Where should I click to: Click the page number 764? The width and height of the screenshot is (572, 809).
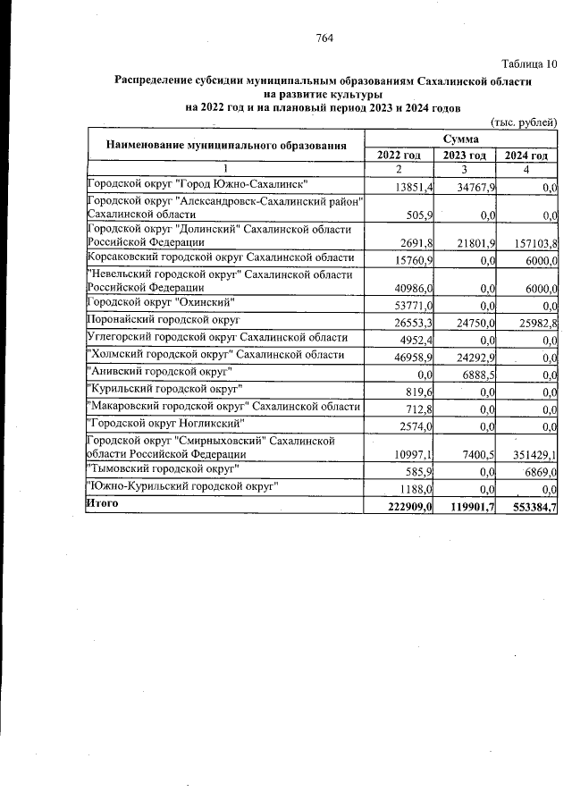click(x=324, y=38)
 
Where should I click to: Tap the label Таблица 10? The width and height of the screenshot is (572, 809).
click(x=530, y=63)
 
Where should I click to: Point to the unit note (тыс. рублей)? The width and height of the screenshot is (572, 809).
click(x=525, y=122)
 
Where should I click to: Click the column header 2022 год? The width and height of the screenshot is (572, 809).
click(x=399, y=156)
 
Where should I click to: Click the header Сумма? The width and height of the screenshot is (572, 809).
click(x=462, y=139)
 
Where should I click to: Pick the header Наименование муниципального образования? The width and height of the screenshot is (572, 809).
click(x=226, y=146)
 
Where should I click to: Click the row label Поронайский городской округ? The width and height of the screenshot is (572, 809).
click(x=164, y=319)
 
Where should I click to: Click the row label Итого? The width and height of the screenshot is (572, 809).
click(x=101, y=504)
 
